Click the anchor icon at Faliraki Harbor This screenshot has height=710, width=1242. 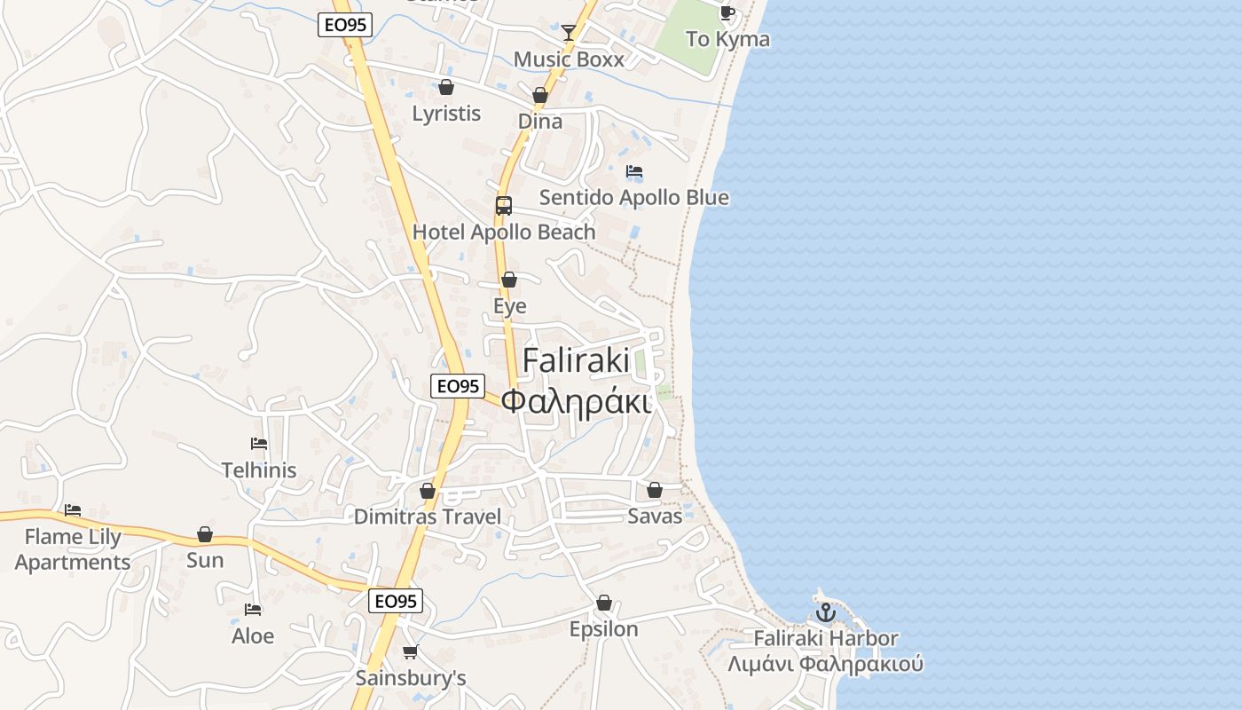tap(826, 612)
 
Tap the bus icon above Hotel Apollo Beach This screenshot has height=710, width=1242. tap(504, 206)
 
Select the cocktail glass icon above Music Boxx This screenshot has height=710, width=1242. tap(569, 33)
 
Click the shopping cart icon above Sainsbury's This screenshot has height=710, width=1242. tap(410, 652)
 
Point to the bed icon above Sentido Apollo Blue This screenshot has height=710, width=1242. tap(634, 171)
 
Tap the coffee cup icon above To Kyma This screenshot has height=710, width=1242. tap(727, 12)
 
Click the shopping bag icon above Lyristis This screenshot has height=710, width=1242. tap(446, 87)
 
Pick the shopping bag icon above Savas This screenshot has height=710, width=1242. tap(655, 490)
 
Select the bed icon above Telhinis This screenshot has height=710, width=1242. tap(259, 444)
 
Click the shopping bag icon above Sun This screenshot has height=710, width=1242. tap(205, 534)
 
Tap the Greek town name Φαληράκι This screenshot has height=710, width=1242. tap(577, 401)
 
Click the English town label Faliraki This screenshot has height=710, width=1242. tap(577, 360)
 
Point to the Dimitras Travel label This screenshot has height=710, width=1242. tap(428, 517)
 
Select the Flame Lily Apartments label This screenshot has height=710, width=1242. tap(73, 549)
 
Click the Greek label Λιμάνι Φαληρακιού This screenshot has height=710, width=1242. tap(826, 664)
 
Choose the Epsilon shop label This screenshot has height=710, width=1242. tap(604, 629)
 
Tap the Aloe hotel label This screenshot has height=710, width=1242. tap(253, 636)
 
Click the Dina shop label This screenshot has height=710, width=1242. tap(540, 121)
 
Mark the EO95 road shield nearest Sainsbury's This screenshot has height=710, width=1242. tap(396, 601)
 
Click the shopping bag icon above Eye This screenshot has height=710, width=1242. tap(509, 280)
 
